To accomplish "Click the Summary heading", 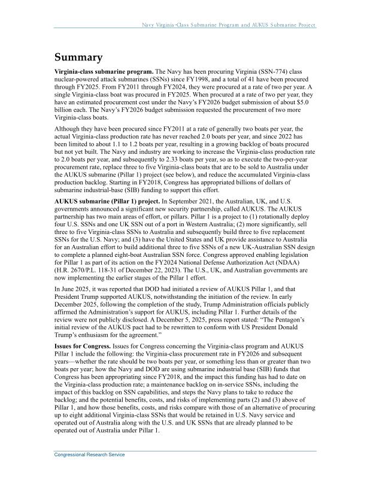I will pos(78,58).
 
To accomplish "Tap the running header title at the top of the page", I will pos(228,25).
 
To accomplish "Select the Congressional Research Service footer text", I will pos(90,455).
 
